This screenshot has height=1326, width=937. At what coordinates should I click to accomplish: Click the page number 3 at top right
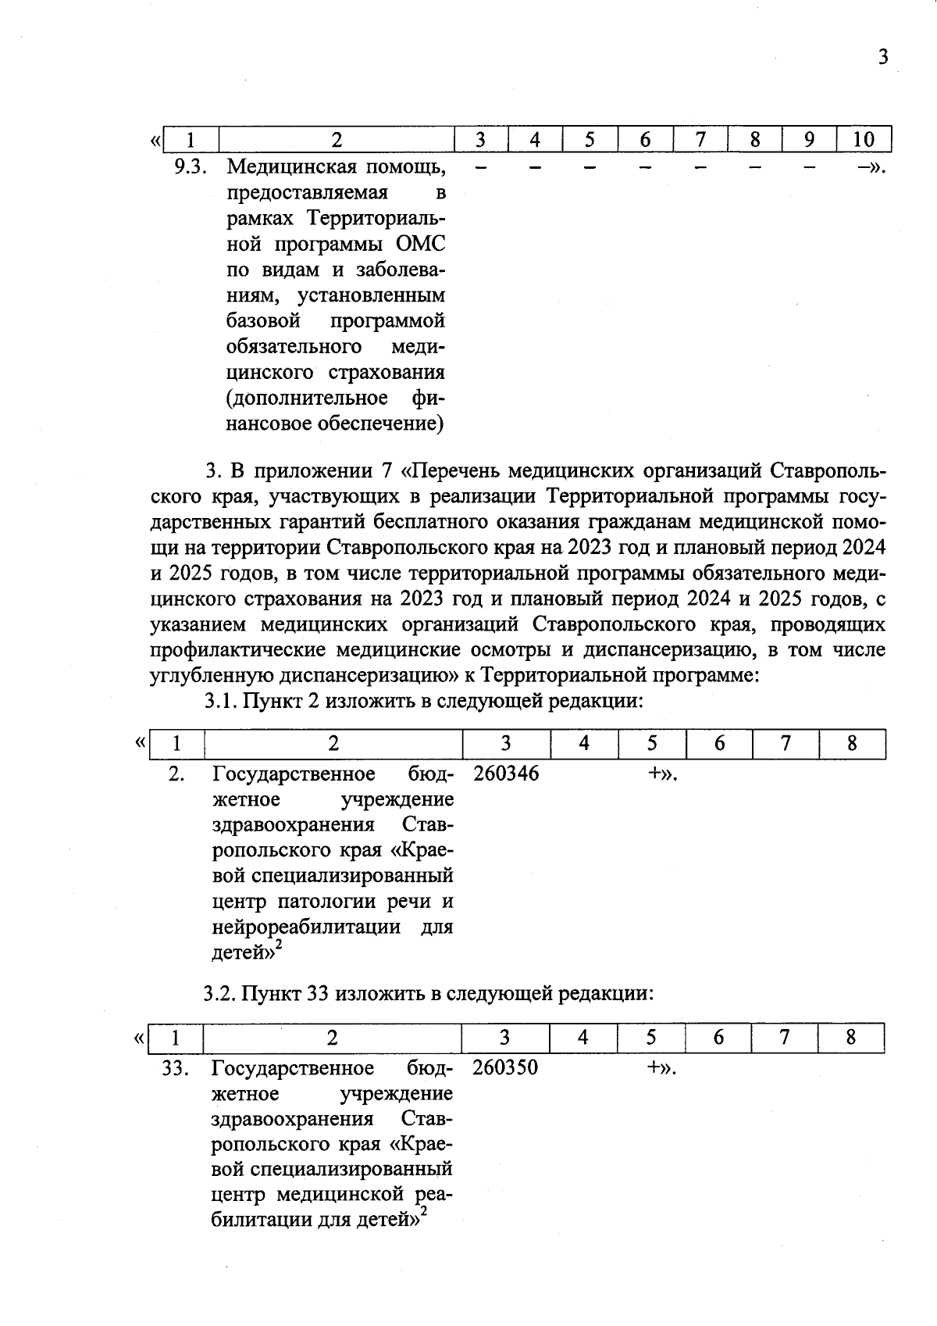pos(882,57)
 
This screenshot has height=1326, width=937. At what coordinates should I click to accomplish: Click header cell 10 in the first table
pos(863,140)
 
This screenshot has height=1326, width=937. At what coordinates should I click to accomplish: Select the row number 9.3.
pos(188,166)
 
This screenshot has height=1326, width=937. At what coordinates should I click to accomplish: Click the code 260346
pos(505,774)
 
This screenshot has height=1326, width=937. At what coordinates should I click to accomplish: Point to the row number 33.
pos(176,1068)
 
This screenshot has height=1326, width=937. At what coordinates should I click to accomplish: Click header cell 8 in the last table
pos(850,1038)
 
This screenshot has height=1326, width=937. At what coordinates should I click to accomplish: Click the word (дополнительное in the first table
pos(306,398)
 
